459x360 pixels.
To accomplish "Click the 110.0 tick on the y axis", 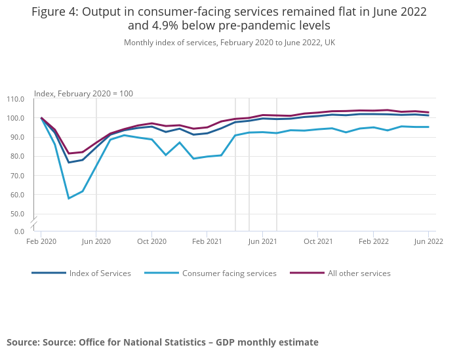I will (x=15, y=99).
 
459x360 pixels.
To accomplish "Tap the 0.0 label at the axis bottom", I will (x=18, y=231).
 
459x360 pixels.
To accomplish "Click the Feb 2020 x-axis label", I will (x=41, y=241).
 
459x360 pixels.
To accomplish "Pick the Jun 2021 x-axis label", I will (x=262, y=241).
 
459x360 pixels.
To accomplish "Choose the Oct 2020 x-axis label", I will (x=151, y=241).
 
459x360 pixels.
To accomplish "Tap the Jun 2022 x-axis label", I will (x=428, y=241).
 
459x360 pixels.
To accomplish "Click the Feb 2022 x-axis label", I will (x=373, y=241).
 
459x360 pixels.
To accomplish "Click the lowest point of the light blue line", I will (x=69, y=198).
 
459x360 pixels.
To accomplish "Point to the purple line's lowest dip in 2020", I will (x=69, y=153).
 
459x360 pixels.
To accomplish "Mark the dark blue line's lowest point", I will (x=69, y=162).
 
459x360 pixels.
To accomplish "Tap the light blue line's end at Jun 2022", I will (x=428, y=127).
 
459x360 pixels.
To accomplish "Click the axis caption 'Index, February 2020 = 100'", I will (x=83, y=94).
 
